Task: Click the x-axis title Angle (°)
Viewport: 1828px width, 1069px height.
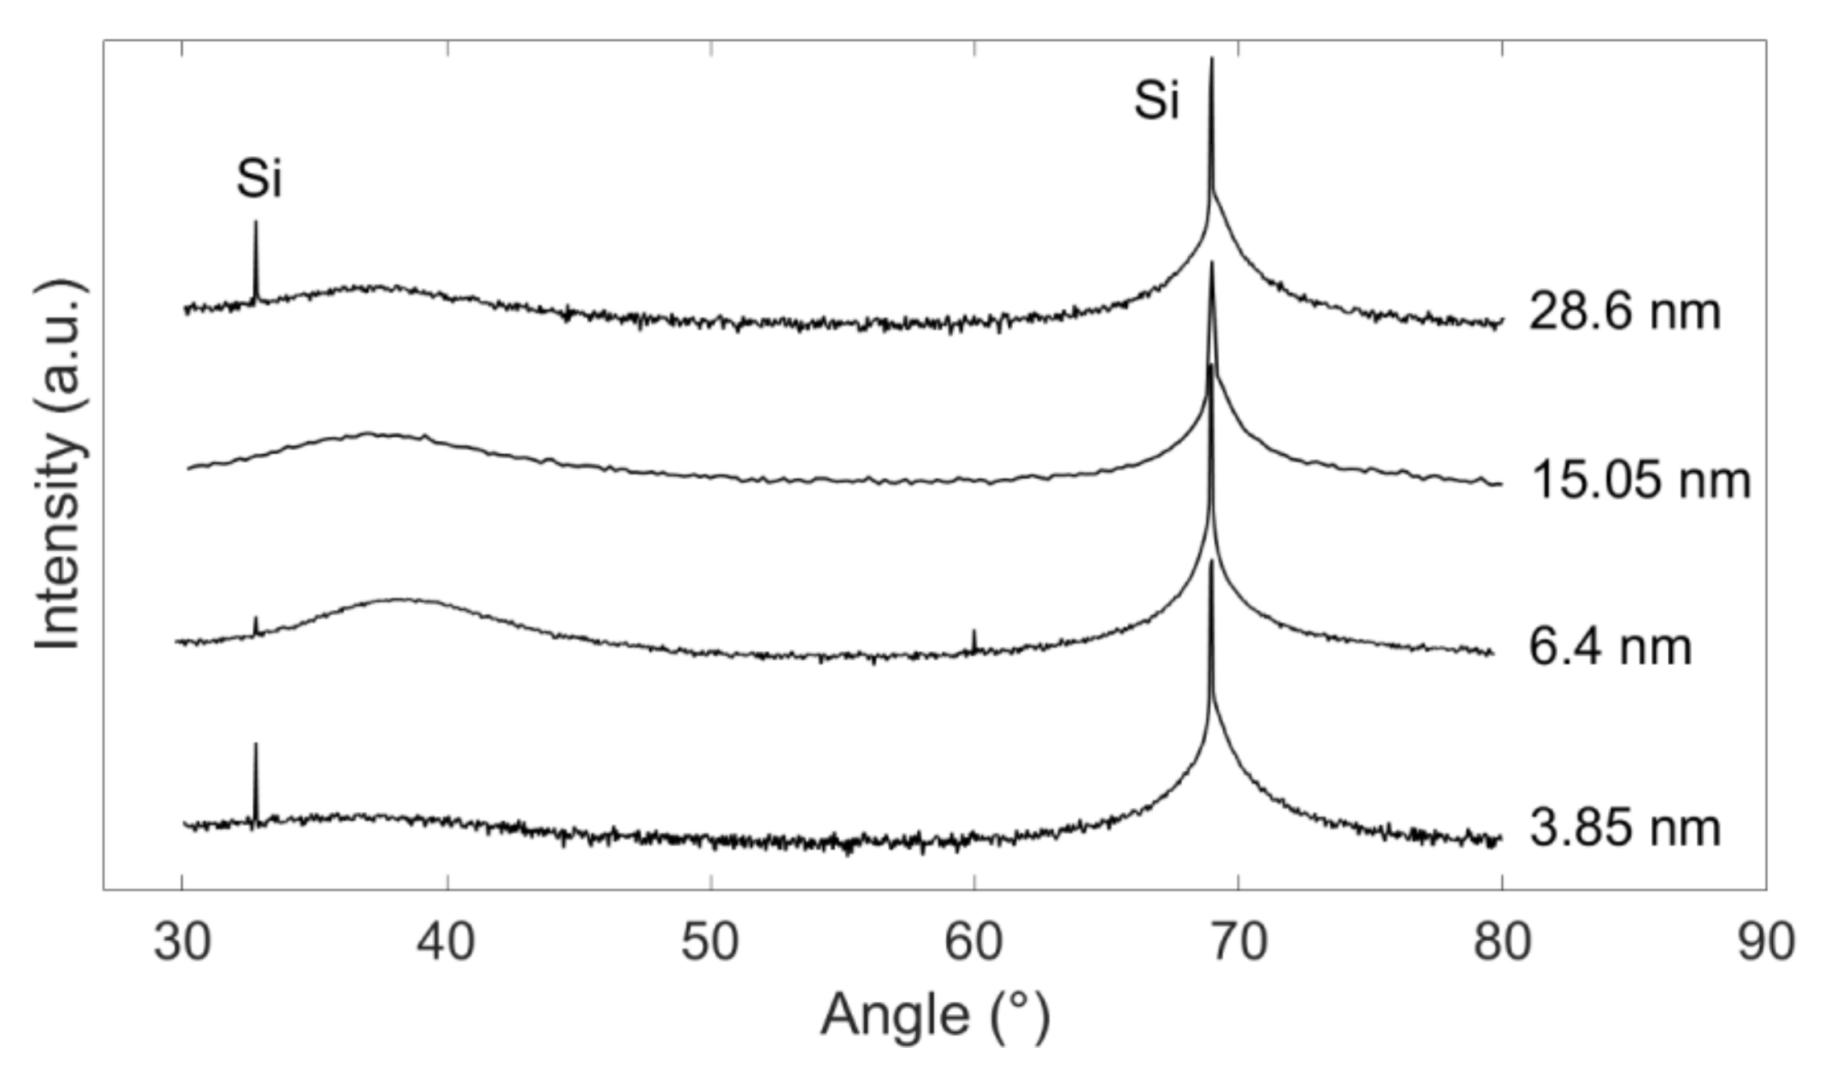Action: point(935,1016)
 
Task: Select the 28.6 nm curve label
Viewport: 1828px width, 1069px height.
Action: point(1624,312)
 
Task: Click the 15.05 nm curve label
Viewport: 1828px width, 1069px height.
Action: point(1640,480)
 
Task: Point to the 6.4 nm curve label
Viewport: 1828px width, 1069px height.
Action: point(1610,647)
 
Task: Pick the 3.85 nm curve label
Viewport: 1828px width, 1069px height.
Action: point(1625,828)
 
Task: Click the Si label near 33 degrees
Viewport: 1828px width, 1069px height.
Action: point(259,179)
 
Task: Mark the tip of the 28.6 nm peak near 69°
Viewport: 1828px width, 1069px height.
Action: point(1211,59)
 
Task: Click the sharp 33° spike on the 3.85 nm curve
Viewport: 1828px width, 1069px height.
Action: point(255,745)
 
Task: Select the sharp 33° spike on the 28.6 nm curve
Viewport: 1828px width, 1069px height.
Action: point(256,222)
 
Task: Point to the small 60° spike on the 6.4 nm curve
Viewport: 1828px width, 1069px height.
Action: point(974,631)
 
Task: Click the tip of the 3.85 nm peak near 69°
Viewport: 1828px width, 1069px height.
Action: point(1211,562)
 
